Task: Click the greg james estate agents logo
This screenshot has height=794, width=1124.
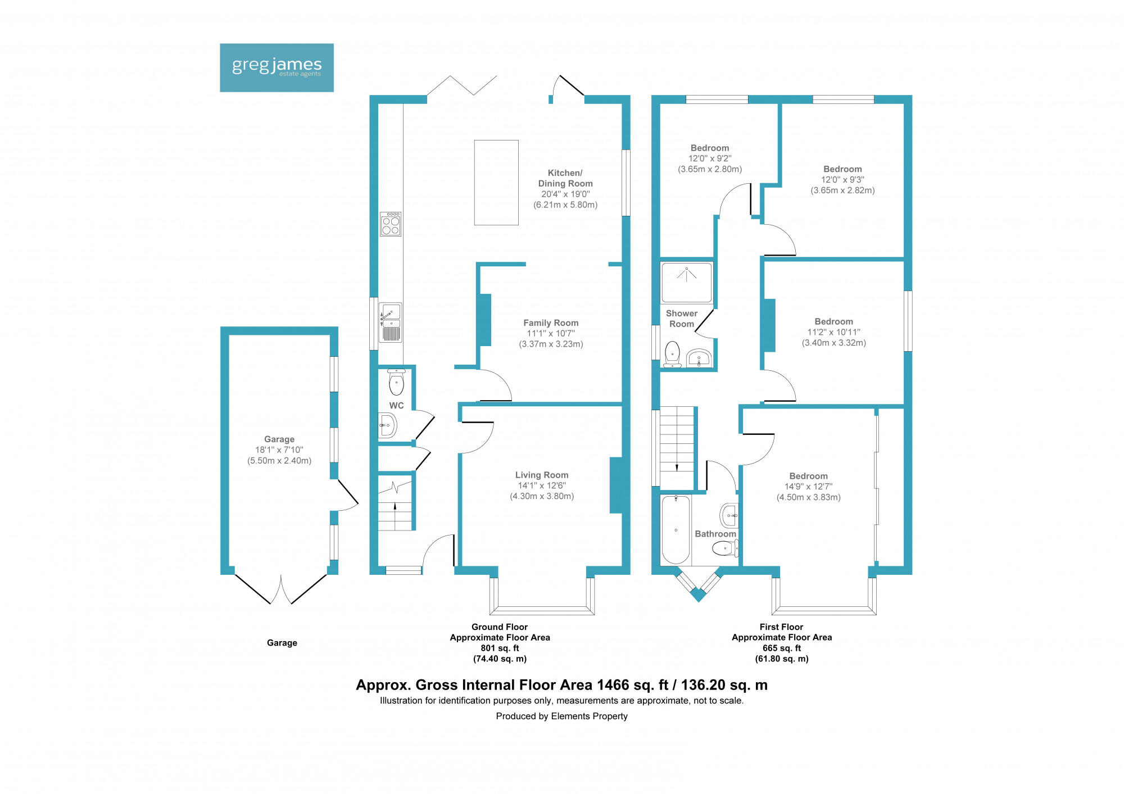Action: pos(277,67)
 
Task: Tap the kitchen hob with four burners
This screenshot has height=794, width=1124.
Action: pos(391,224)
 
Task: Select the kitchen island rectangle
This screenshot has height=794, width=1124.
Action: pos(496,183)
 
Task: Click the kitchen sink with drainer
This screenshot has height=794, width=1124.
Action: pos(391,323)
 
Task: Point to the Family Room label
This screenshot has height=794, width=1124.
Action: pos(551,323)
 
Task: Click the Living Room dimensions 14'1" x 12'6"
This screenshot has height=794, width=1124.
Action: pos(542,486)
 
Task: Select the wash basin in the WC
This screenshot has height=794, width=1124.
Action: pos(387,425)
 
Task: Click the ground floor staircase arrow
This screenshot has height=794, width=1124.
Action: pos(395,507)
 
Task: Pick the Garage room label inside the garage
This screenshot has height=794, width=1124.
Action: pos(279,439)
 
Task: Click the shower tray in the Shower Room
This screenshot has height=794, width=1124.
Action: pos(686,282)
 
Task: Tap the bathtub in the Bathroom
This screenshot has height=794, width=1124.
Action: pos(676,529)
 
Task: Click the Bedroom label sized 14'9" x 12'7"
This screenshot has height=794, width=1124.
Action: pos(808,476)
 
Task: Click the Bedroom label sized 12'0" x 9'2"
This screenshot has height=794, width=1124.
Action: pos(710,148)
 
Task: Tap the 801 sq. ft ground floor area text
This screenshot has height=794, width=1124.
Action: pos(500,648)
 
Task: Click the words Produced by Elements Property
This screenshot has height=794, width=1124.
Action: pos(561,716)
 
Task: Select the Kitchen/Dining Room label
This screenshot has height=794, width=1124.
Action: pos(565,178)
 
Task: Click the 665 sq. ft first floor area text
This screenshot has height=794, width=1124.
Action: pos(781,648)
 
